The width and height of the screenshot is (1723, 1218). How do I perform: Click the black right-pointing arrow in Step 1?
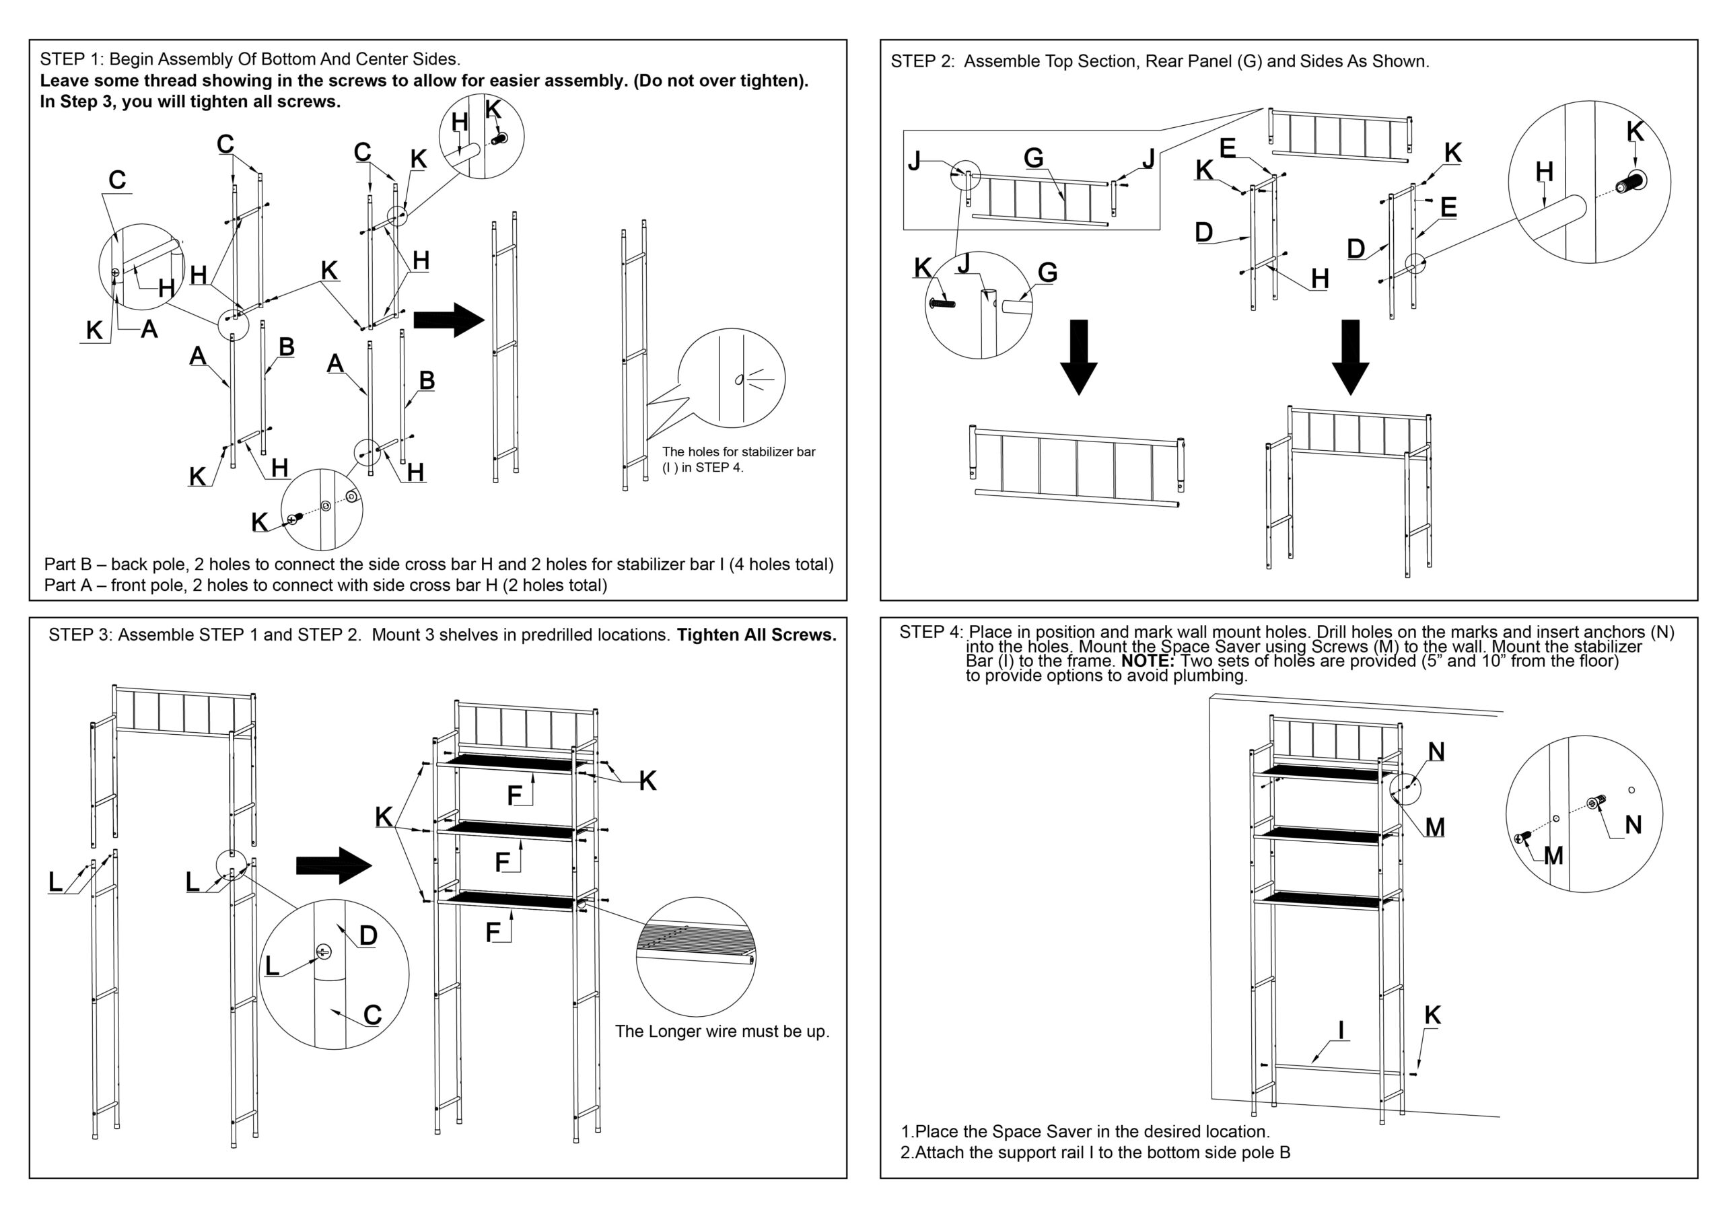pos(449,320)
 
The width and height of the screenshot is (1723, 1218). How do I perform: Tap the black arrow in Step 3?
pos(334,865)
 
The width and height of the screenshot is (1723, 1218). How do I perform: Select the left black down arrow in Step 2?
pos(1078,357)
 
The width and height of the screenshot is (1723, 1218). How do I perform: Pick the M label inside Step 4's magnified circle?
pos(1553,855)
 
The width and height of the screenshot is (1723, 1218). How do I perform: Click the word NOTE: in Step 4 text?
pos(1147,661)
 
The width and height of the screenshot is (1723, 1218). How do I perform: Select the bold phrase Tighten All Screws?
pos(757,635)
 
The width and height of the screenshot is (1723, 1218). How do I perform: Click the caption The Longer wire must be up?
pos(722,1031)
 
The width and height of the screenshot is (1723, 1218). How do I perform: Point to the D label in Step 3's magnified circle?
pos(367,935)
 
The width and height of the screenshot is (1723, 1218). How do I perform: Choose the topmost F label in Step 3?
pos(514,795)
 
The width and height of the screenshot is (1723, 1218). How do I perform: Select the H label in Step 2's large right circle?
pos(1544,172)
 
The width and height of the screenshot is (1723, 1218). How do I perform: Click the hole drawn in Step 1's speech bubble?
pos(738,379)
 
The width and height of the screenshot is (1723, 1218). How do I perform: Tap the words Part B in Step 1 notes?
pos(67,565)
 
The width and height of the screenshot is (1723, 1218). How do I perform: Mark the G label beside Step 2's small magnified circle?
pos(1048,273)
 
